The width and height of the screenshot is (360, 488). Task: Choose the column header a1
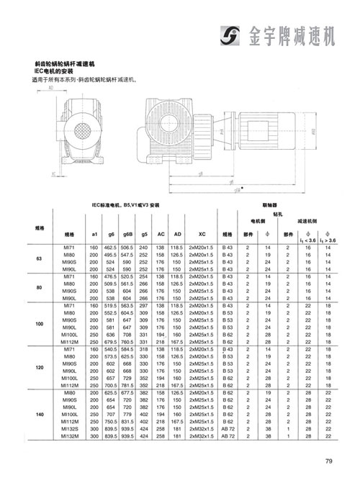pyautogui.click(x=93, y=234)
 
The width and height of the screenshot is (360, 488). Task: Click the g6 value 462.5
pyautogui.click(x=110, y=247)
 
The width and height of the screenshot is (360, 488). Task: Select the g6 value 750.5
pyautogui.click(x=110, y=419)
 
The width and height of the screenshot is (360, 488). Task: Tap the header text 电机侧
pyautogui.click(x=257, y=221)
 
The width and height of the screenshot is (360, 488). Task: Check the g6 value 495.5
pyautogui.click(x=110, y=254)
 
